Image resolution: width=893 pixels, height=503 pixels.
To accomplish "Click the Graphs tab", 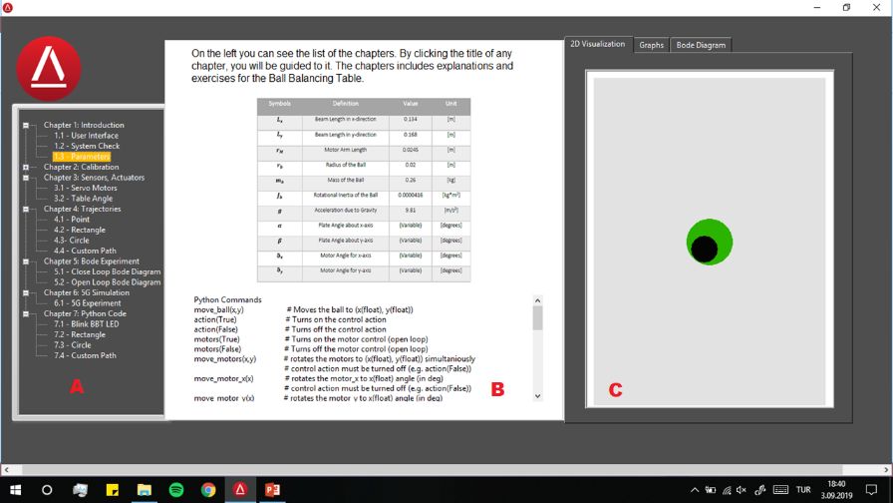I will coord(652,45).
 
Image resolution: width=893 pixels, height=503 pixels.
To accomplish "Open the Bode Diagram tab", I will coord(701,45).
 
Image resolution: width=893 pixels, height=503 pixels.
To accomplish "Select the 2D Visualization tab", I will coord(598,44).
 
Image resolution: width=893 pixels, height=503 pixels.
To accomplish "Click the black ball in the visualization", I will coord(705,250).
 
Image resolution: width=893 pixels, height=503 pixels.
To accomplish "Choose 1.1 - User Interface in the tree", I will coord(86,136).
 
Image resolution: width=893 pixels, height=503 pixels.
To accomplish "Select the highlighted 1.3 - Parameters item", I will coord(82,157).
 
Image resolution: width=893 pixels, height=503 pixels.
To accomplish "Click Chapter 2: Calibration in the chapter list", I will coord(81,167).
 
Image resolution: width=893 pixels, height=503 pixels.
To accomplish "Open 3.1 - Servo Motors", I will coord(86,188).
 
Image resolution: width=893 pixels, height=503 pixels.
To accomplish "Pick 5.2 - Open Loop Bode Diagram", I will coord(107,282).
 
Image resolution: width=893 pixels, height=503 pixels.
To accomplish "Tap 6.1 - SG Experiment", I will coord(88,303).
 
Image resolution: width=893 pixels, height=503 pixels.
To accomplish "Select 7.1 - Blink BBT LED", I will coord(87,324).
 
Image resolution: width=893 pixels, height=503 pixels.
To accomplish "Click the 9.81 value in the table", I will coord(411,211).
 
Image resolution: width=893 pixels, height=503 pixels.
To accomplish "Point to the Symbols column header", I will coord(280,104).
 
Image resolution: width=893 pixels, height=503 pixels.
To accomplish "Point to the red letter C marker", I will coord(615,389).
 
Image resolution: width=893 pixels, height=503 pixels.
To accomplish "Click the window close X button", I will coord(876,7).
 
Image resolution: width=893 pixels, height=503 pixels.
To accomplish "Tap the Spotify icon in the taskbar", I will coord(176,490).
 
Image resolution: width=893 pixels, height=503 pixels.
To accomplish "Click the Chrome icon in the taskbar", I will coord(208,490).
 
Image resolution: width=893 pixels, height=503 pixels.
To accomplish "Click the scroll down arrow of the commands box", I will coord(538,395).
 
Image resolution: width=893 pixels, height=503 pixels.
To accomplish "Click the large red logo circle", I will coord(49,67).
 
